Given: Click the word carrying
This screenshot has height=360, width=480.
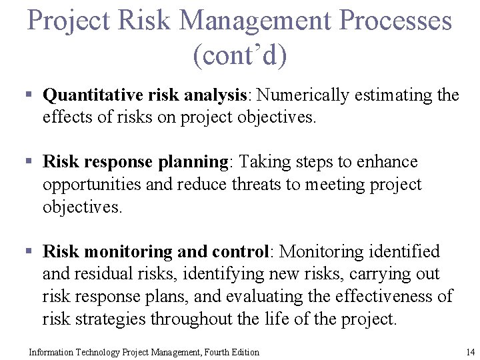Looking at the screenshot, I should point(365,274).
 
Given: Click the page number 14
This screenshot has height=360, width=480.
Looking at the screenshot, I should point(470,352).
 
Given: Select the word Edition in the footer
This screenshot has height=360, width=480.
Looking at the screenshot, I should point(244,352).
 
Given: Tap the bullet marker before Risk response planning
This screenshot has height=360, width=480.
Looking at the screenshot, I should point(29,162).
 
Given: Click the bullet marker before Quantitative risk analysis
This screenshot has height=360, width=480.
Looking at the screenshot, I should point(29,95).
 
